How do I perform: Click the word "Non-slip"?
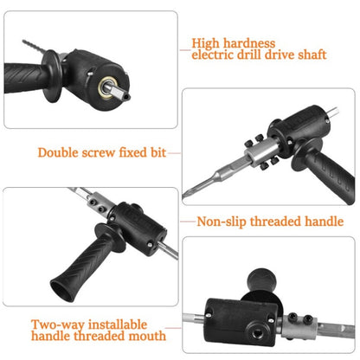tap(225, 222)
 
